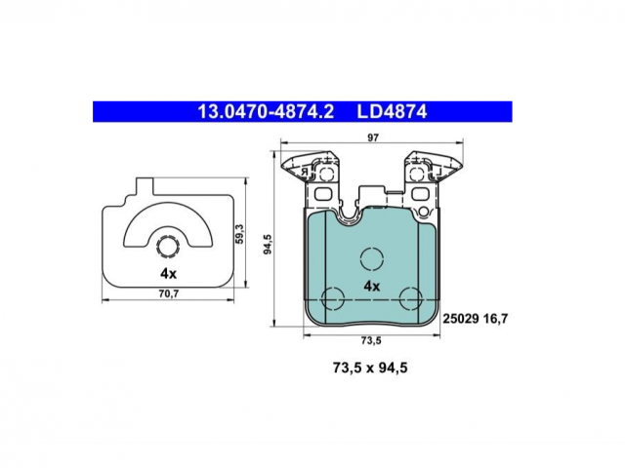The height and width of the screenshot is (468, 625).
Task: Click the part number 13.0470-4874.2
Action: pos(266,112)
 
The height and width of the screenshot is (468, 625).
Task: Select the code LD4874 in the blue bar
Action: pos(392,112)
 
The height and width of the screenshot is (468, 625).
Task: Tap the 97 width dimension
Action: pos(373,137)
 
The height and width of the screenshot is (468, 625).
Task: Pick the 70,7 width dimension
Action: pos(169,294)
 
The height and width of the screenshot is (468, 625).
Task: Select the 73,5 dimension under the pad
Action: pos(371,340)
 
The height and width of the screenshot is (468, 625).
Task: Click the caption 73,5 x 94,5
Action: pos(370,369)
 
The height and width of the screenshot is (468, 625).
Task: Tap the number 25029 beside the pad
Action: pos(461,319)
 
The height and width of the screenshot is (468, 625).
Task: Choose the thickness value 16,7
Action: pos(495,319)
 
